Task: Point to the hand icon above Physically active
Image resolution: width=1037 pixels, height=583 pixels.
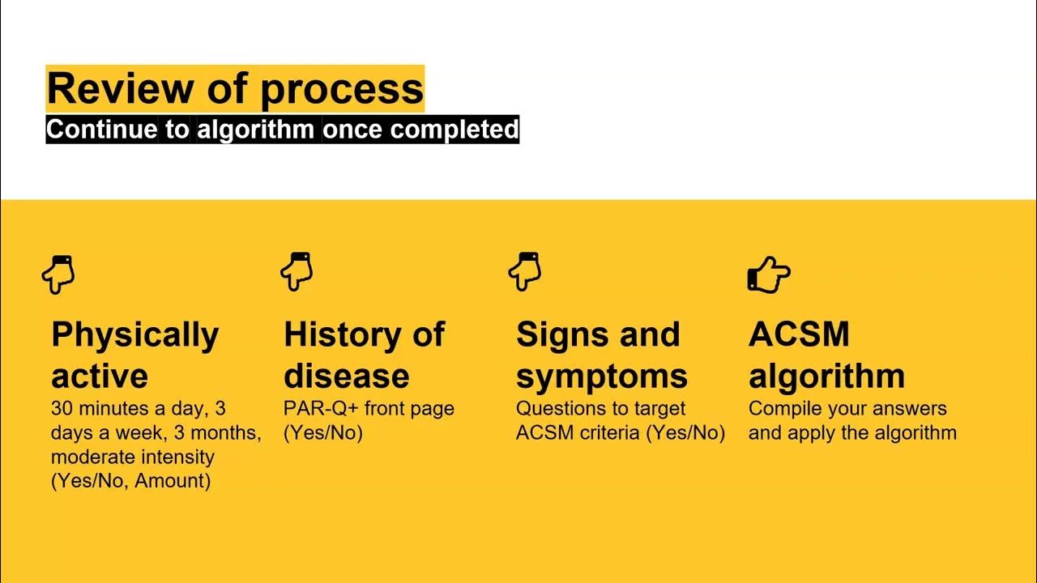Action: [x=58, y=274]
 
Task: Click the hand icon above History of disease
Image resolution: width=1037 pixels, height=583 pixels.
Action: [x=297, y=271]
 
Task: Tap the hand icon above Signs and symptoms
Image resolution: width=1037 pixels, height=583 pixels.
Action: [x=524, y=271]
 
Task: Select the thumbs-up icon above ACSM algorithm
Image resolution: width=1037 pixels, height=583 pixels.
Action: [x=767, y=274]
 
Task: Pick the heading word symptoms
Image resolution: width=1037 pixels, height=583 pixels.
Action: [x=601, y=377]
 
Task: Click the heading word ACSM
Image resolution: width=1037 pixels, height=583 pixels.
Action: [x=798, y=334]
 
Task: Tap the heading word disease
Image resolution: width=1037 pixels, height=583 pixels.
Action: [x=346, y=376]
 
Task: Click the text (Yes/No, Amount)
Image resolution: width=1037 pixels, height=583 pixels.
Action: [x=130, y=481]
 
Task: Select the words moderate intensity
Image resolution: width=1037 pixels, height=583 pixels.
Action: [x=132, y=457]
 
